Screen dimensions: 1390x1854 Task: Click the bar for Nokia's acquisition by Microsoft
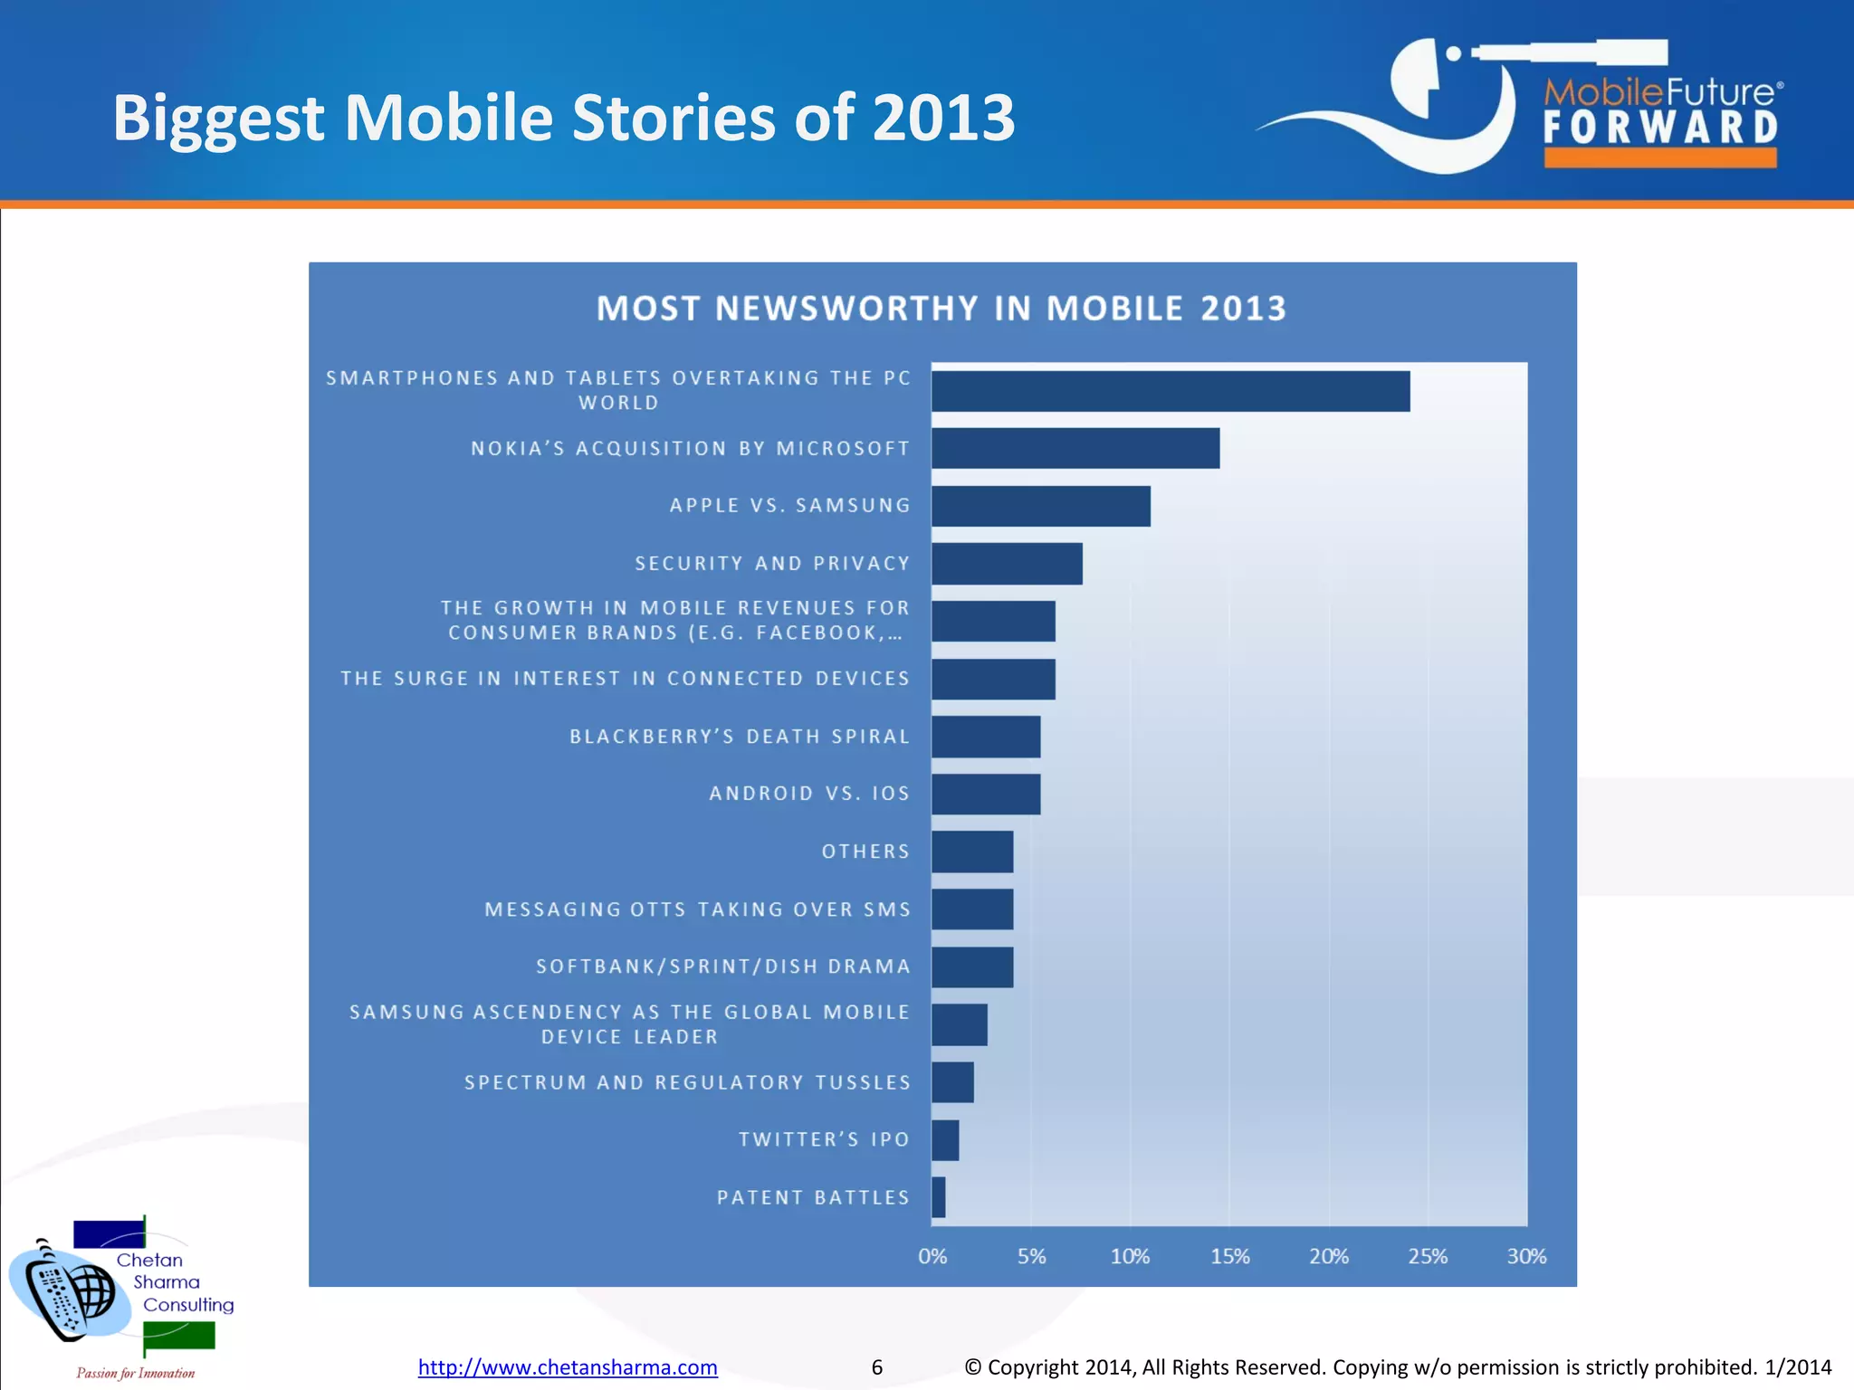(1075, 448)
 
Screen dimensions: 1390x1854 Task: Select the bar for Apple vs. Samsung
(1040, 506)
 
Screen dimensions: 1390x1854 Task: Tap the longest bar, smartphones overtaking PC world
(1170, 391)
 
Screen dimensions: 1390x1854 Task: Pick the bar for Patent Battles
(939, 1197)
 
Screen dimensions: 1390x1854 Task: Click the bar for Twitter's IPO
(945, 1140)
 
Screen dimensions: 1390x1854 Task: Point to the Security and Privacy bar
(1007, 564)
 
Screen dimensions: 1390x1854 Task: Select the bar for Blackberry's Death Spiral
(986, 737)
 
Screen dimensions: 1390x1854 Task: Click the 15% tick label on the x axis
(1229, 1256)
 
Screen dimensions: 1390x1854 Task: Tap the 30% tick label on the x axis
(1526, 1256)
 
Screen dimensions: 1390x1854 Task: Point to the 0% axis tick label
(932, 1256)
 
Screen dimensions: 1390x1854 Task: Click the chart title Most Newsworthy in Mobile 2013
(941, 309)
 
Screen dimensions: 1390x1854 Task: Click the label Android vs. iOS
(808, 794)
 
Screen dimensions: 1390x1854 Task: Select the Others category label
(865, 852)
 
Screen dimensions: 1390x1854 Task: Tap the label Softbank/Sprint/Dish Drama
(722, 966)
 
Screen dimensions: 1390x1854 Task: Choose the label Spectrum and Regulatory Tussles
(687, 1082)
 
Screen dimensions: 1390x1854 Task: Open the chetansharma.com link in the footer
(568, 1366)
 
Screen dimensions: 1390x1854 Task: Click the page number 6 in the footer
(876, 1366)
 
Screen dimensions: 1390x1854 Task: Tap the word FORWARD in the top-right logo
(1660, 128)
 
